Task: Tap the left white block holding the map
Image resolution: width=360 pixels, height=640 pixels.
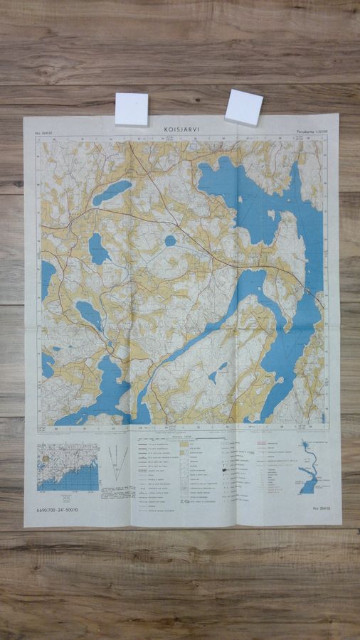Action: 132,109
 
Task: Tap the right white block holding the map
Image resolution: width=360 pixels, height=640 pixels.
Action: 243,107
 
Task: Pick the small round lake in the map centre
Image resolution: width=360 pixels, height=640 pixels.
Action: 171,240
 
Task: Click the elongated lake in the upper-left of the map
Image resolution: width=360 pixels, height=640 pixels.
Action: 112,192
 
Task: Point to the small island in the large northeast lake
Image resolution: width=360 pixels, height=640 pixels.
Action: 271,214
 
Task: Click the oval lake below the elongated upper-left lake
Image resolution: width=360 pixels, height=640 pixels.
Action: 98,249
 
